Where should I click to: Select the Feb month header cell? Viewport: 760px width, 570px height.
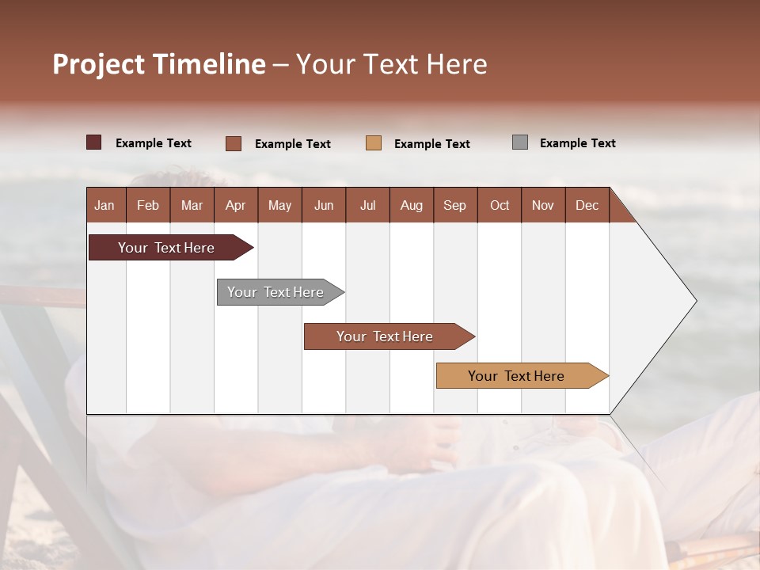(148, 205)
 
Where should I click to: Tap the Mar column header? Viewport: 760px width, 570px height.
(192, 205)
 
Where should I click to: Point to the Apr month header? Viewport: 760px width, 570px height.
(236, 205)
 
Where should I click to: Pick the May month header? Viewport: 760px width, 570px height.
(279, 205)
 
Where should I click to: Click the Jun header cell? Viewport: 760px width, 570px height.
(324, 205)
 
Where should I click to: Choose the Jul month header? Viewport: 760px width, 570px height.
(367, 205)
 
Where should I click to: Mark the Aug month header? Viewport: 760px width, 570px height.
(412, 205)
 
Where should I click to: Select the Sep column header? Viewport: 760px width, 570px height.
(455, 205)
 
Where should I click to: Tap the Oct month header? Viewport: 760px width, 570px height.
(500, 205)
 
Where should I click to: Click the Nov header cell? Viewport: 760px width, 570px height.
(543, 205)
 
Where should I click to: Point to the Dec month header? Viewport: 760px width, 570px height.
(587, 205)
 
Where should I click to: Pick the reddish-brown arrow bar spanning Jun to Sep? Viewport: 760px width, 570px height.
(386, 336)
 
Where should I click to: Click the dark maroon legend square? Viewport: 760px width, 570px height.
(94, 142)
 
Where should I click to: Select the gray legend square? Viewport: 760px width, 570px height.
(520, 142)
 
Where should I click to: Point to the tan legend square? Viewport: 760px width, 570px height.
(374, 143)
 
